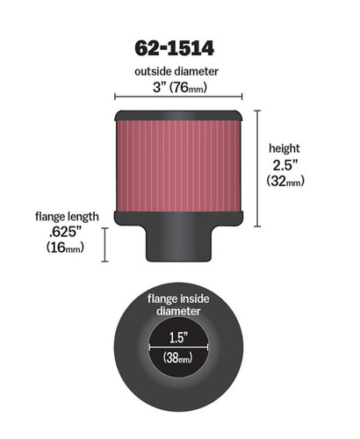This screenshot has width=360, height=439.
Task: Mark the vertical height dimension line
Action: (x=257, y=168)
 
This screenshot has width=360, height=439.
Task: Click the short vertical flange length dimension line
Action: (x=104, y=244)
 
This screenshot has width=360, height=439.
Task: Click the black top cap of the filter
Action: (x=179, y=115)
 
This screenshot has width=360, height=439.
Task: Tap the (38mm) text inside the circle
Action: (x=179, y=358)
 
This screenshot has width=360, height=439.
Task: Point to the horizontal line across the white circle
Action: (x=167, y=348)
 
